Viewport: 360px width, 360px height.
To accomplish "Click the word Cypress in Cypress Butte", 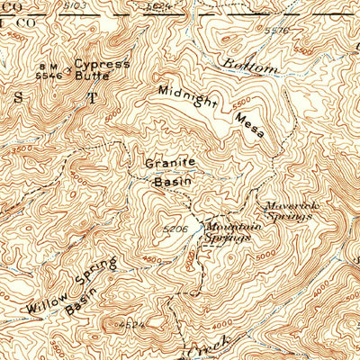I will click(x=102, y=65).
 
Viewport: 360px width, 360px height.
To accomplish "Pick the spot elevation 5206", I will click(x=175, y=229).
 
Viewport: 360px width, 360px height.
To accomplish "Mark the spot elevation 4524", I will click(x=130, y=321).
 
